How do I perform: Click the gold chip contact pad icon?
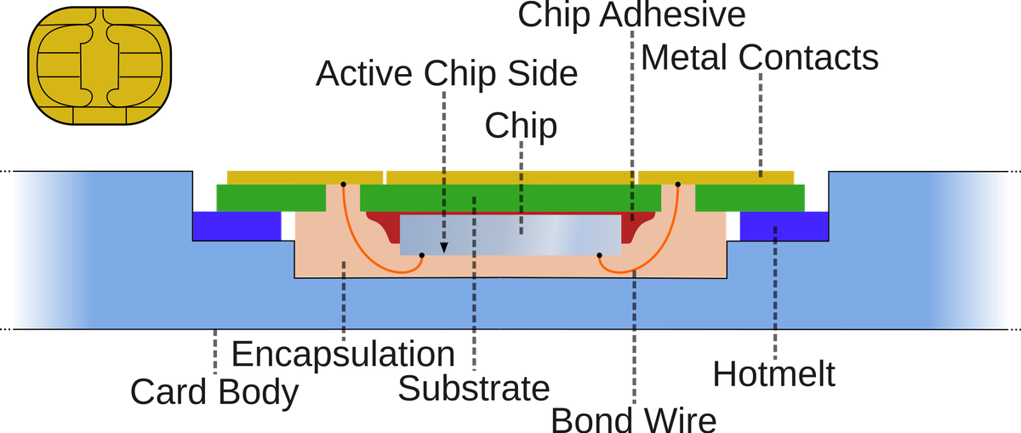click(100, 66)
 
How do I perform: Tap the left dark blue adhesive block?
click(237, 225)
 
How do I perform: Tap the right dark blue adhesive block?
click(783, 225)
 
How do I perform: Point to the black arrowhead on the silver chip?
click(443, 248)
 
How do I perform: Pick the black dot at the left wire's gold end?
click(343, 184)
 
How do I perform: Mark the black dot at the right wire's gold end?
click(678, 184)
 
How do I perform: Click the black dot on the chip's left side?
click(421, 255)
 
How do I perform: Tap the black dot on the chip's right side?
click(599, 255)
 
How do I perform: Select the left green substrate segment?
click(270, 197)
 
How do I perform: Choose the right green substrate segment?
click(750, 197)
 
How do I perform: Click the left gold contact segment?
click(304, 177)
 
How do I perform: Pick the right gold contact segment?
click(716, 177)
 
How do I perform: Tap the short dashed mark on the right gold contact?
click(761, 174)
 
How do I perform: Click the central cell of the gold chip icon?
click(100, 66)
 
